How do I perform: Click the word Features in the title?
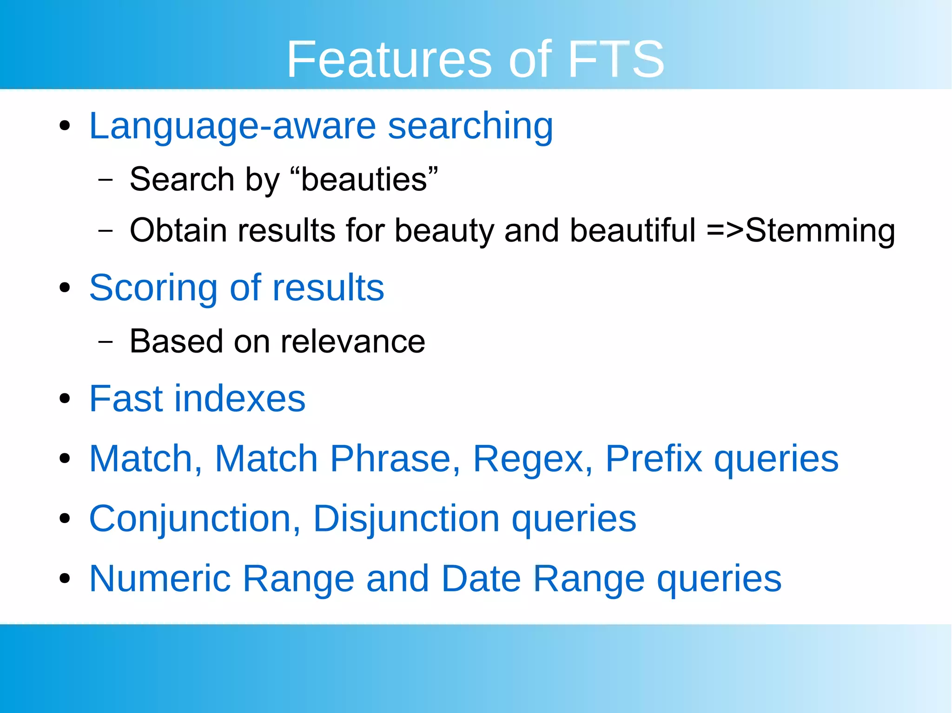click(x=389, y=59)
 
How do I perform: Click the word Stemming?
click(x=820, y=231)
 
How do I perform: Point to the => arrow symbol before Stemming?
click(x=725, y=231)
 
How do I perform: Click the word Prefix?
click(x=654, y=459)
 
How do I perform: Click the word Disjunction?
click(x=406, y=519)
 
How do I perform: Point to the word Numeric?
click(x=160, y=579)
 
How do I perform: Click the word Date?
click(x=481, y=579)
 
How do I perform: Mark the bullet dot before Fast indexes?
click(x=65, y=399)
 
